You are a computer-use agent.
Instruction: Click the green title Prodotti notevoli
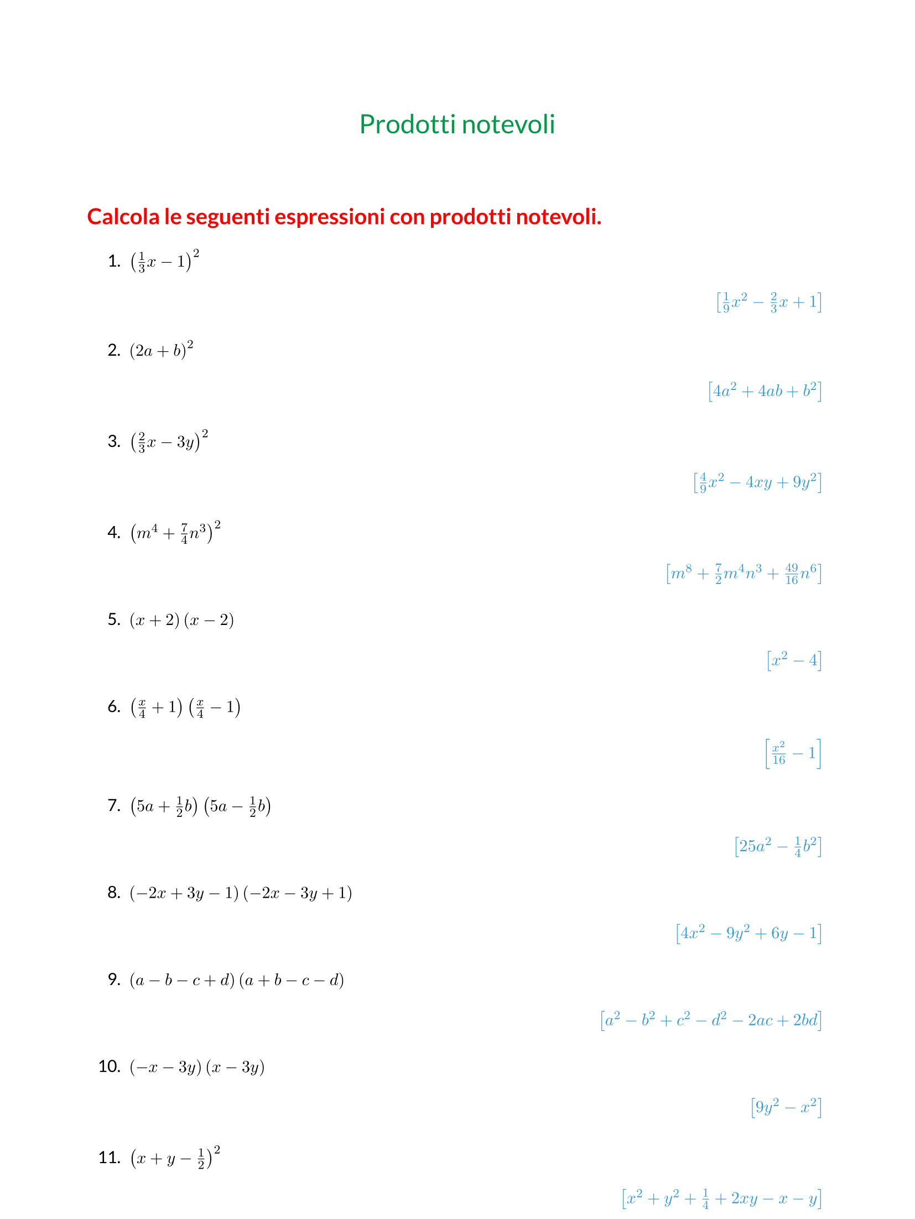(457, 124)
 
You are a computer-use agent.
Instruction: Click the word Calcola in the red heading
(123, 217)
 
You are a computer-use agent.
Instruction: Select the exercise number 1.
(114, 261)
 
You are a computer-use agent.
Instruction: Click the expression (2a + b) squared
(162, 350)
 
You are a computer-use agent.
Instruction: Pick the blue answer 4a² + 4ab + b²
(765, 391)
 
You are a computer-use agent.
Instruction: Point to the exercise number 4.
(114, 533)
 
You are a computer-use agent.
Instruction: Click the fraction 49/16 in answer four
(792, 574)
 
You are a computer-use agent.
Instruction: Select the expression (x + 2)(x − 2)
(181, 620)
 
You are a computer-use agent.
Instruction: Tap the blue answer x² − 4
(794, 660)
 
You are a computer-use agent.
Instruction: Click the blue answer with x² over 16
(793, 753)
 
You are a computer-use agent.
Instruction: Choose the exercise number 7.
(114, 805)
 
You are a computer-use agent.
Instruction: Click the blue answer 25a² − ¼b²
(777, 846)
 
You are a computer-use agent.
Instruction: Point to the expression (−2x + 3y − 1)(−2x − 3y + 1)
(241, 893)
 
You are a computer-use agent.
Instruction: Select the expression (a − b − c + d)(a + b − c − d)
(237, 981)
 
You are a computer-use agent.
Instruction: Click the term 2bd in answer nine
(805, 1020)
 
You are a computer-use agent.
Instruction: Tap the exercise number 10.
(110, 1066)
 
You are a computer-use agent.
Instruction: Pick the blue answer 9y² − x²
(786, 1107)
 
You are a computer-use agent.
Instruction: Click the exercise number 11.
(110, 1157)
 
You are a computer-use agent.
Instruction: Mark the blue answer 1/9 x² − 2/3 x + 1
(768, 302)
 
